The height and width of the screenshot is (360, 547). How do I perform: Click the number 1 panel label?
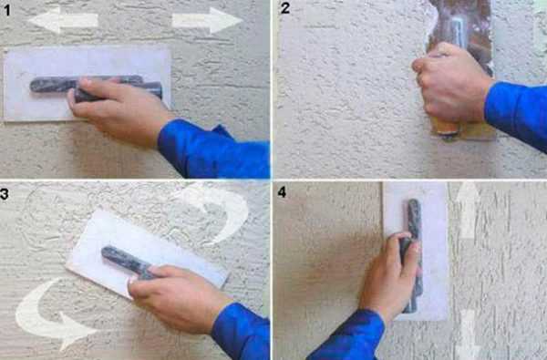click(7, 10)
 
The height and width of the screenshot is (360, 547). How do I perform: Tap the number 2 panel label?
click(285, 7)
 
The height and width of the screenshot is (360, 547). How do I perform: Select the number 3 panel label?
click(5, 194)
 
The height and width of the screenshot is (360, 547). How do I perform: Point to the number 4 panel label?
click(282, 192)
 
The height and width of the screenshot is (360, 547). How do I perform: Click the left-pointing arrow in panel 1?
click(63, 20)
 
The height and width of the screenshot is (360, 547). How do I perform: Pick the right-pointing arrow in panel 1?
click(207, 20)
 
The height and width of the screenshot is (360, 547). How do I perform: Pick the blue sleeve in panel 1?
click(213, 149)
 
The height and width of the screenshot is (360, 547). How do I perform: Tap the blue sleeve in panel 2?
click(517, 112)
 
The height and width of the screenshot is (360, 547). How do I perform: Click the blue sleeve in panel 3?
click(241, 332)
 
